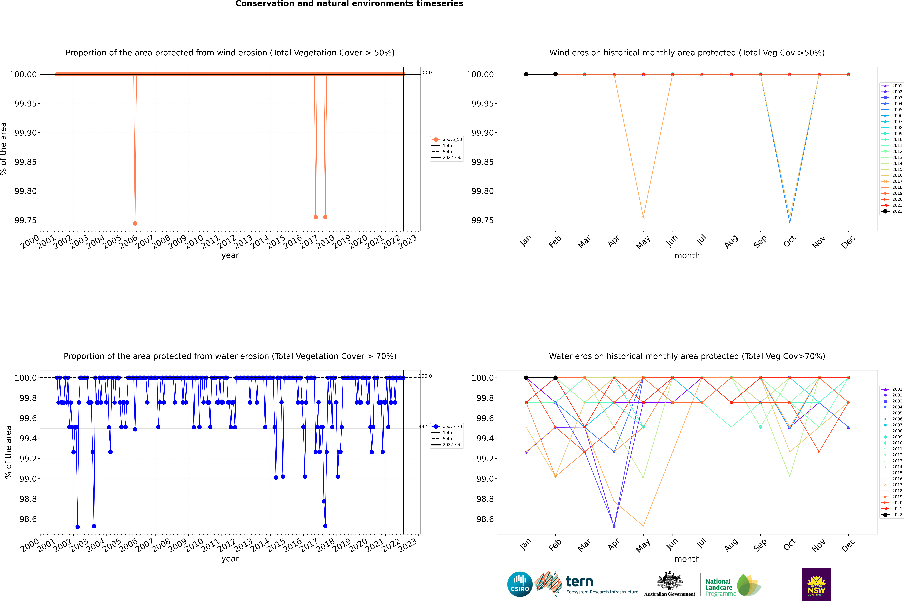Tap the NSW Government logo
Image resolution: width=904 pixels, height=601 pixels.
[x=816, y=584]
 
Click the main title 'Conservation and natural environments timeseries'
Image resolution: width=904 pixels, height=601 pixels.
[x=349, y=4]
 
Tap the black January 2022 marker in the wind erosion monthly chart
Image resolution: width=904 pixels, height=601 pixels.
[x=526, y=74]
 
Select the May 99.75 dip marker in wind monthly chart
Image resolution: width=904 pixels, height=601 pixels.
[x=643, y=217]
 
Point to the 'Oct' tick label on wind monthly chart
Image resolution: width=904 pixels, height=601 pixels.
[x=789, y=241]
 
